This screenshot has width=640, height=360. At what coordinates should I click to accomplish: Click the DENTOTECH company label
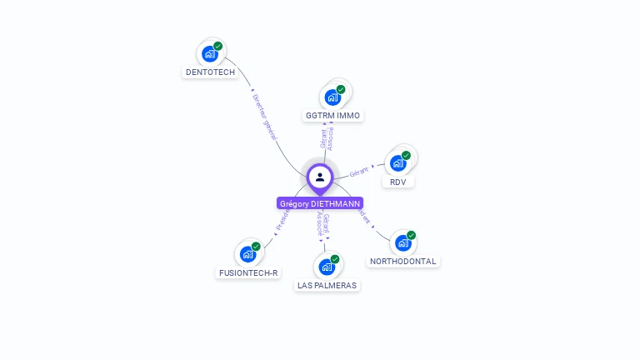coord(210,72)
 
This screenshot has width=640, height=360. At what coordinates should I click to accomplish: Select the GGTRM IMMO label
coord(333,115)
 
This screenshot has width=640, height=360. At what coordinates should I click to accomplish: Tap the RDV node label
coord(397,182)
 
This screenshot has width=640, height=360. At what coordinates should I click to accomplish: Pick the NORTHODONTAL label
coord(403,261)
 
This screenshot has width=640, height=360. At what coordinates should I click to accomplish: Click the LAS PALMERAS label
coord(327,285)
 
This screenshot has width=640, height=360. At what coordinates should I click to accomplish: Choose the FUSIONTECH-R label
coord(248,272)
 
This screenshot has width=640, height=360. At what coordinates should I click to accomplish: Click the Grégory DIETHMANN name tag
coord(320,203)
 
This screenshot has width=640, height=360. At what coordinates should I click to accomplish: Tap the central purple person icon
coord(320,177)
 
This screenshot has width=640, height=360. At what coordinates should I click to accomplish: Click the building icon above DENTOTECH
coord(210,54)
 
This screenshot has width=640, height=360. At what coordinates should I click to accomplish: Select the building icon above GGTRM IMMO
coord(332,97)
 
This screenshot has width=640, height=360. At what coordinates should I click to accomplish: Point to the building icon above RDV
coord(398,162)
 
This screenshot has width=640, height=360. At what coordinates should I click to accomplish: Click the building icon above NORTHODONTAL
coord(403,242)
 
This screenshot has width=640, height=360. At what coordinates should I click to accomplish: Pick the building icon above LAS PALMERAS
coord(327,267)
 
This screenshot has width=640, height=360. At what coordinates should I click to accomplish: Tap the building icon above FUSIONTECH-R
coord(247,254)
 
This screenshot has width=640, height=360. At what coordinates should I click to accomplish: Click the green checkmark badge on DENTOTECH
coord(218,46)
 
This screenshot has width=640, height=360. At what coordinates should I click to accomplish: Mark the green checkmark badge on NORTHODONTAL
coord(412,235)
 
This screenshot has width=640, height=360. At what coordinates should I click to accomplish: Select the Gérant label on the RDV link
coord(359,172)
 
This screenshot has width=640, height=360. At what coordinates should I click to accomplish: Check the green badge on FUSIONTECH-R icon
coord(256,246)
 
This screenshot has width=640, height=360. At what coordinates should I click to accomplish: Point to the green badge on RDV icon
coord(407,155)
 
